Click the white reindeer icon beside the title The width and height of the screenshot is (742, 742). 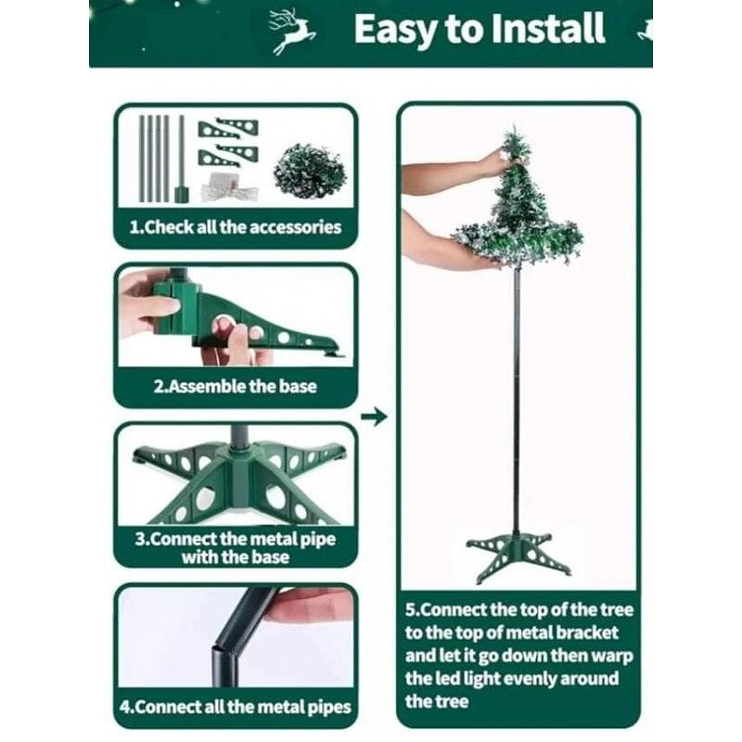[x=292, y=32]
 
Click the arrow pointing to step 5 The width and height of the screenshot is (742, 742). [x=374, y=416]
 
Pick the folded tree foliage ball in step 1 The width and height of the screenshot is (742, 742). [x=310, y=172]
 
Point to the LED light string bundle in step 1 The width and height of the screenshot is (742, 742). [x=230, y=187]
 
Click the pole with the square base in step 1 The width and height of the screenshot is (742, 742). [x=181, y=159]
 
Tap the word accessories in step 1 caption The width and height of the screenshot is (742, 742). [x=295, y=227]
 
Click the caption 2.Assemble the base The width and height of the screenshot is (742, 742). [x=236, y=387]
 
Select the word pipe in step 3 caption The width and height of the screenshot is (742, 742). [x=318, y=540]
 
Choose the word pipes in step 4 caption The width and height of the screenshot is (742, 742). [x=329, y=708]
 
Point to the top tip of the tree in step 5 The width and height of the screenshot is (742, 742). [x=515, y=126]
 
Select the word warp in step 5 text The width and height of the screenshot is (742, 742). [x=613, y=657]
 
